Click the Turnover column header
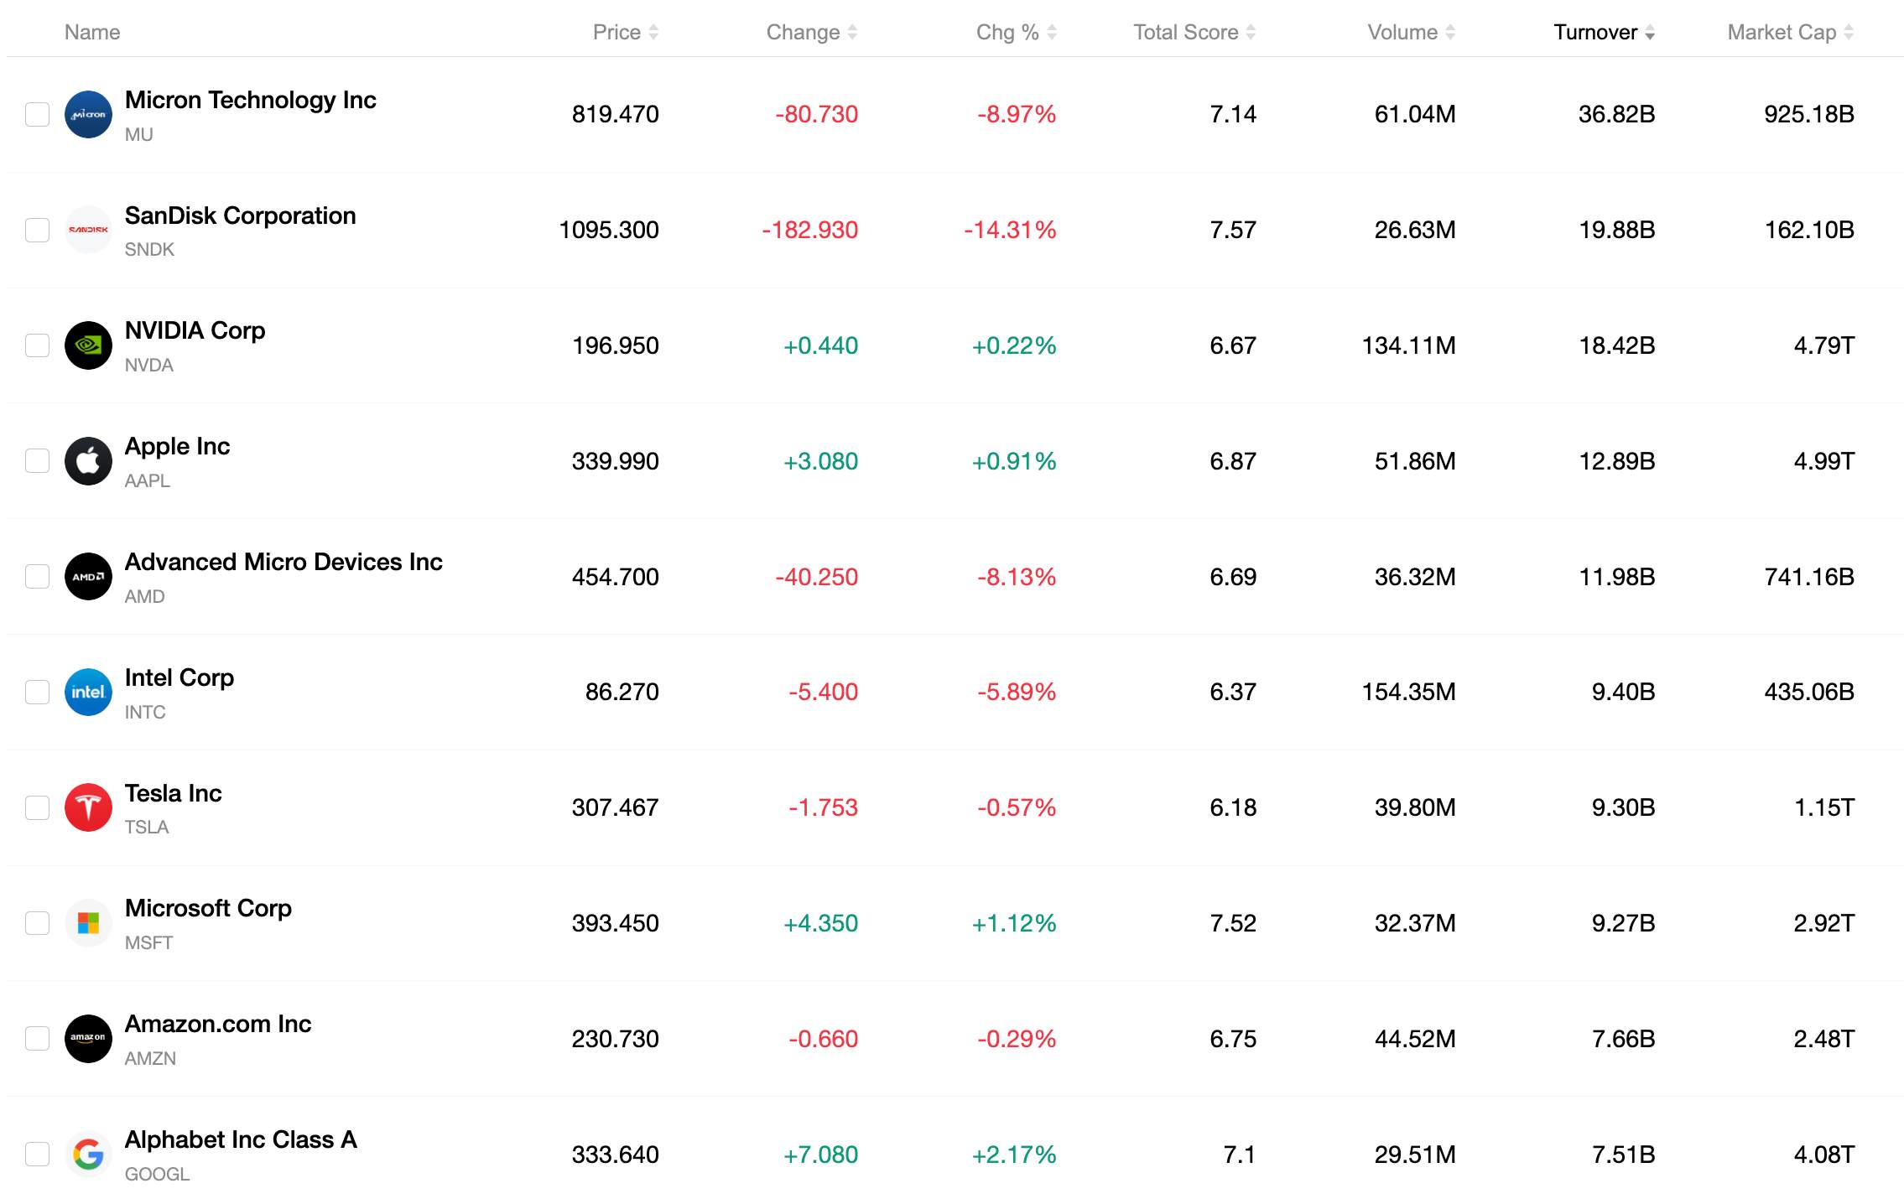click(x=1594, y=32)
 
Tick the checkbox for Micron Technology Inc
click(x=37, y=114)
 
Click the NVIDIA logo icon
click(x=88, y=345)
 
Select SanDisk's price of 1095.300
click(x=609, y=230)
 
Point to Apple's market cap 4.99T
click(x=1823, y=461)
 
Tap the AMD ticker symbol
click(x=144, y=596)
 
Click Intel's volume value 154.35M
click(x=1408, y=692)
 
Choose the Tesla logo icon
click(x=88, y=807)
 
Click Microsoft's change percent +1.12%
click(x=1014, y=923)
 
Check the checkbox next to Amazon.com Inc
click(x=37, y=1039)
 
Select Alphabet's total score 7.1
click(x=1240, y=1155)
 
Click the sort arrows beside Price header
click(x=653, y=32)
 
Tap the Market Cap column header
click(x=1782, y=32)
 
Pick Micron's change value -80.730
click(x=816, y=114)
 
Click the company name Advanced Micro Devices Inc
click(x=284, y=562)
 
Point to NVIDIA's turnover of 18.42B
click(x=1616, y=345)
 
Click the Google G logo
click(x=88, y=1155)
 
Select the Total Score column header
click(x=1185, y=32)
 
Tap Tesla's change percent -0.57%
click(x=1016, y=807)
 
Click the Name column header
click(x=92, y=32)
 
